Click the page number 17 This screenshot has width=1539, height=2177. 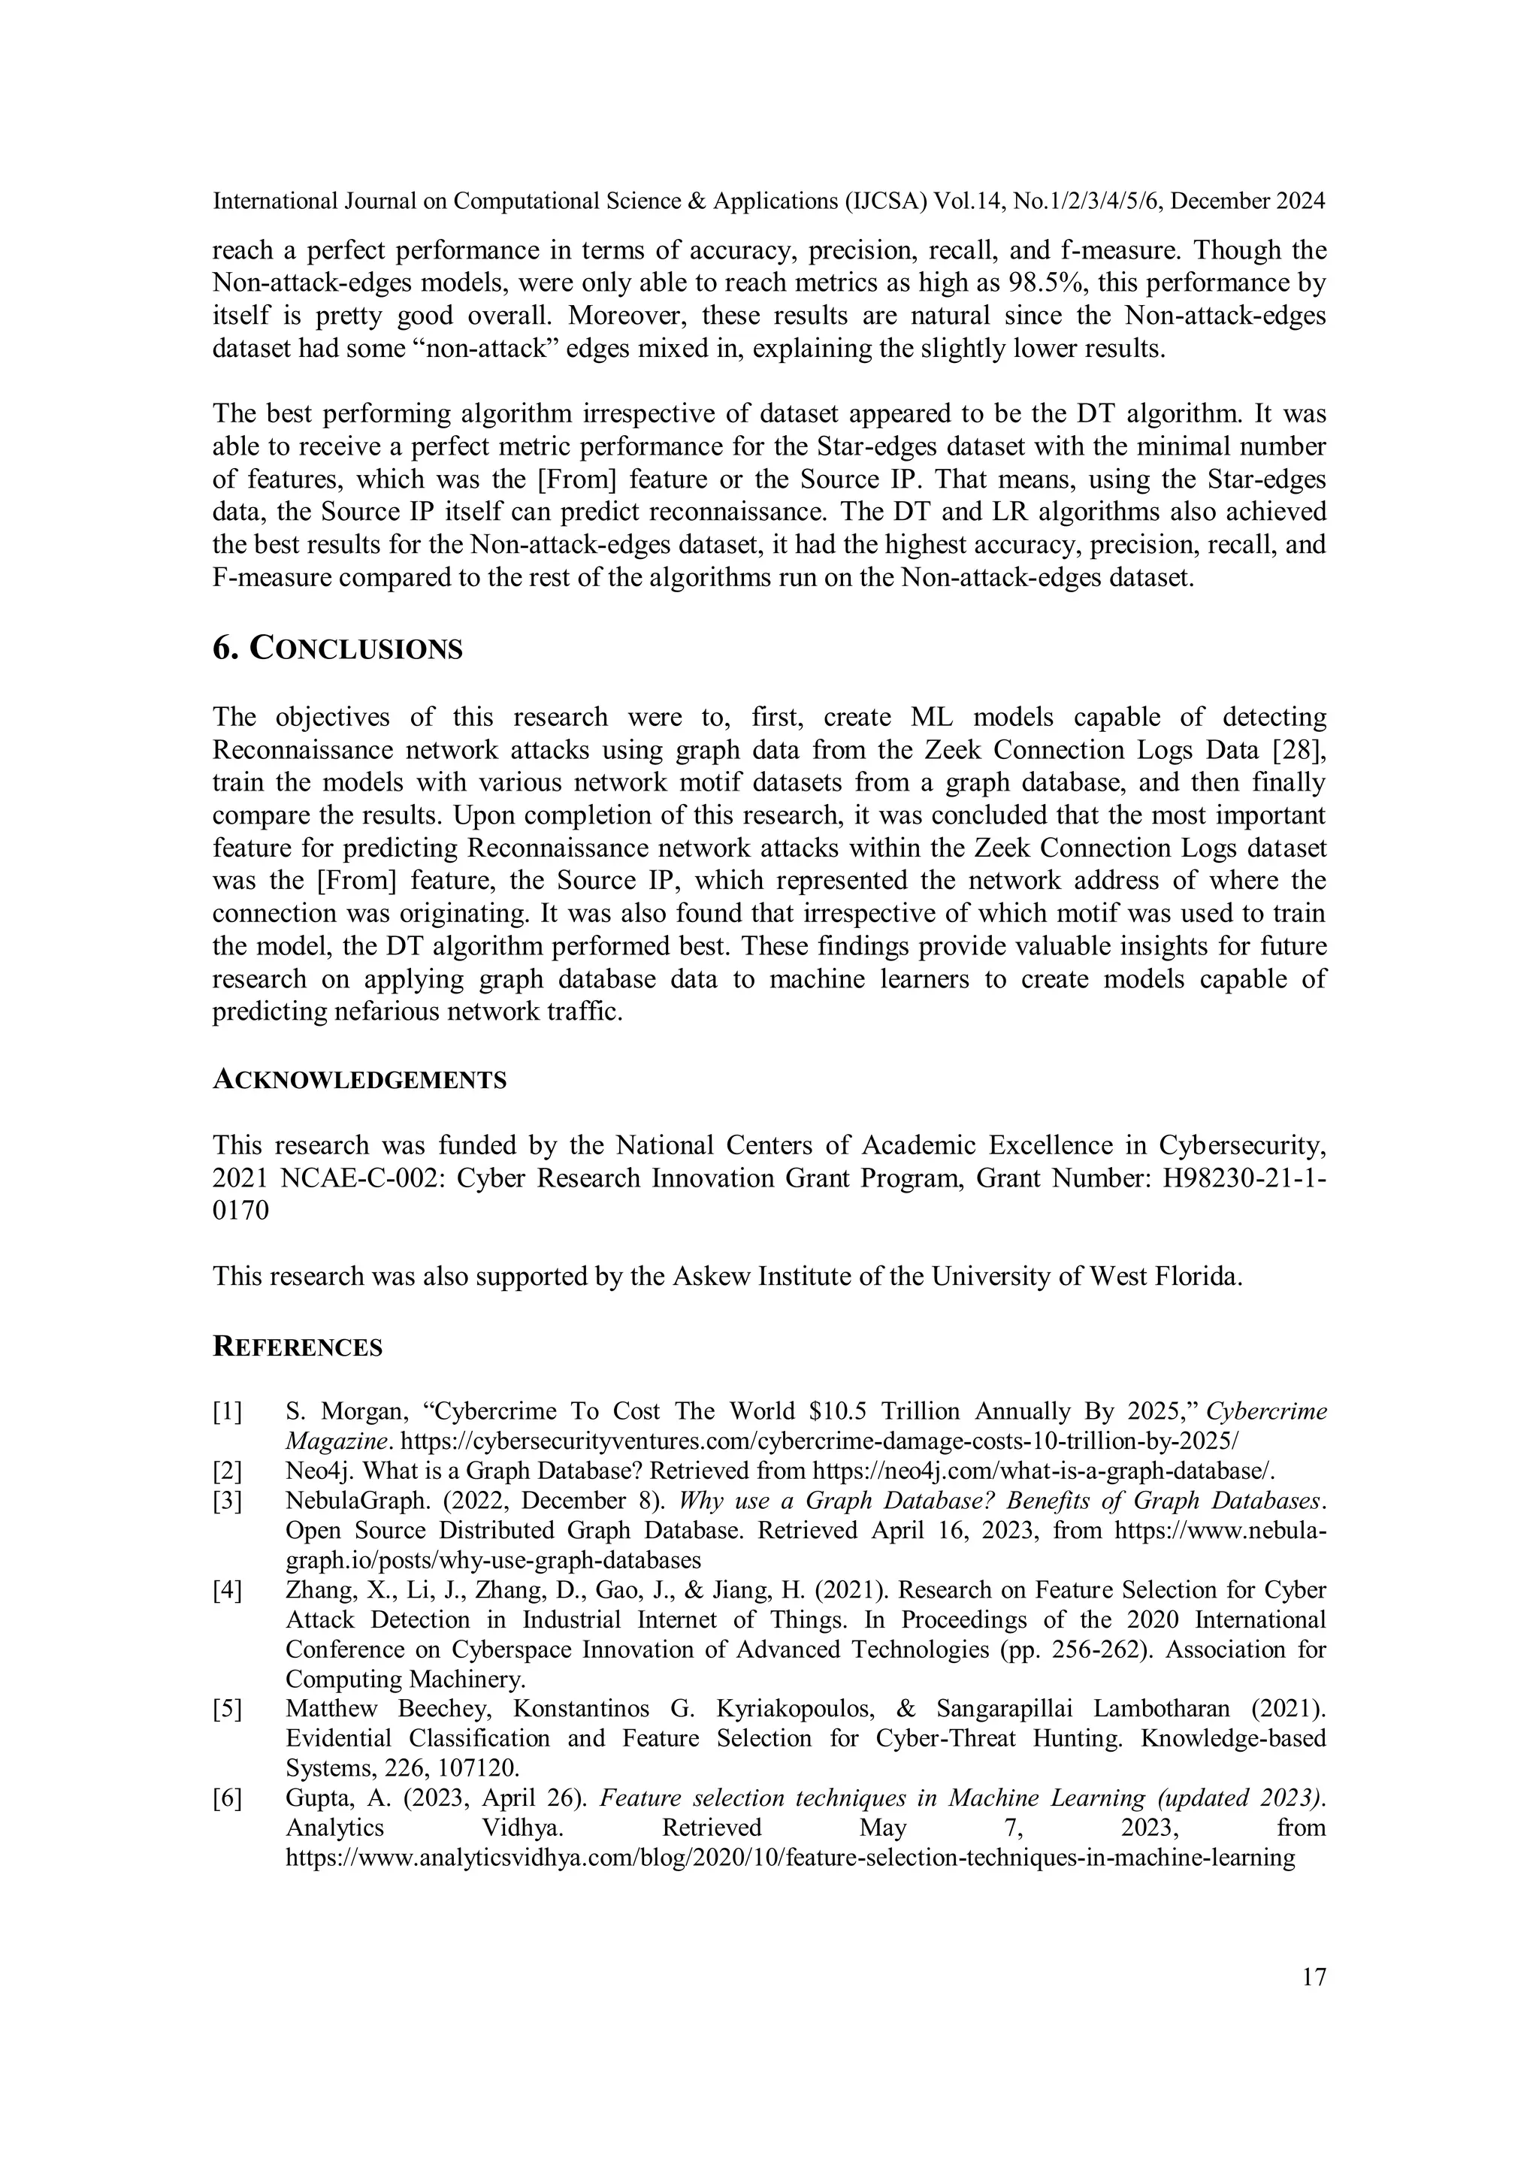coord(1314,1977)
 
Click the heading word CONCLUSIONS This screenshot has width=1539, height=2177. coord(355,649)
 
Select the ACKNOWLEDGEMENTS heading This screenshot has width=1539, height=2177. coord(358,1080)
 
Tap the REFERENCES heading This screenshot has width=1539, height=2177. coord(297,1347)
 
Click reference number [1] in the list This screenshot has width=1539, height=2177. coord(228,1412)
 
